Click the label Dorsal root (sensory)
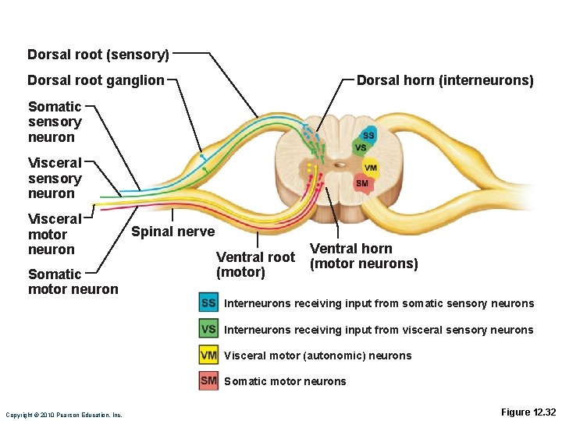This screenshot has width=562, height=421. [98, 55]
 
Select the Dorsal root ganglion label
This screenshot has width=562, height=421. [96, 80]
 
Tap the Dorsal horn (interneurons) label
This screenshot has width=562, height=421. [445, 80]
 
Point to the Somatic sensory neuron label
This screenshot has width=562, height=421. [55, 122]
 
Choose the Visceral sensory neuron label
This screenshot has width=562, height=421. [55, 178]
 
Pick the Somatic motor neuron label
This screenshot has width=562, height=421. [73, 281]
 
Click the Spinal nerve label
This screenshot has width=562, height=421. [173, 231]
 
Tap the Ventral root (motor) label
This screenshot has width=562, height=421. [255, 264]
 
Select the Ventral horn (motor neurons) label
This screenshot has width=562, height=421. [364, 256]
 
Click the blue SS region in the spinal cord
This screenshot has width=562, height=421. [368, 135]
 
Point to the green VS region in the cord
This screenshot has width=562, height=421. [360, 147]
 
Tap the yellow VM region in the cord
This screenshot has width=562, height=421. [370, 168]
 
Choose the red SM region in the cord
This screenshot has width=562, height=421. [361, 184]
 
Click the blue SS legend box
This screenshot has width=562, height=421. [208, 303]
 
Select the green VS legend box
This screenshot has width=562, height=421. [208, 329]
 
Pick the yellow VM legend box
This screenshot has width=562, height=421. [208, 356]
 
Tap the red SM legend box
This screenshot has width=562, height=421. [208, 381]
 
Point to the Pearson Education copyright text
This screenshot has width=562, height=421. [64, 415]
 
